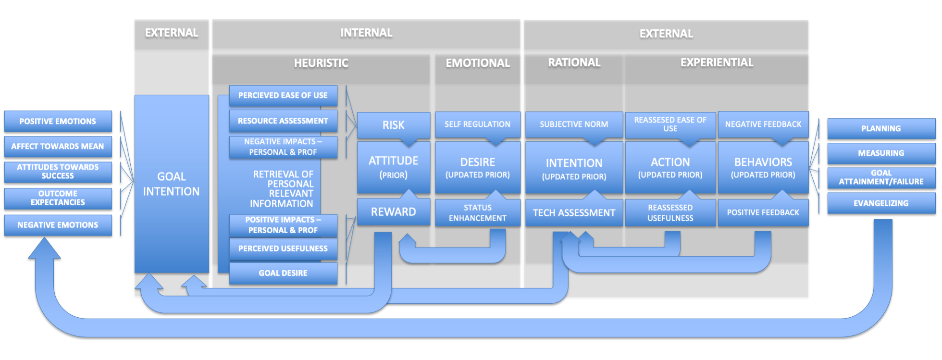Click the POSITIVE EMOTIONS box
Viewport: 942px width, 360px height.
click(58, 121)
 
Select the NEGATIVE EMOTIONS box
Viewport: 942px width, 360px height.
click(58, 225)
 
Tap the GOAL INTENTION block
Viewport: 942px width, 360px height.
click(172, 184)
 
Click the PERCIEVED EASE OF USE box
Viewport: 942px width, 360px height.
click(283, 96)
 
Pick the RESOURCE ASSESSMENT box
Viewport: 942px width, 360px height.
click(283, 121)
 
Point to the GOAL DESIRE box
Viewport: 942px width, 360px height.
click(283, 273)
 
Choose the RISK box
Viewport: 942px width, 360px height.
click(393, 125)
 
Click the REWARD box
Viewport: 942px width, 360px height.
click(393, 212)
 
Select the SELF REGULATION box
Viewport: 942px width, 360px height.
click(477, 124)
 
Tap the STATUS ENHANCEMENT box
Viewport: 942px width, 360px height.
click(477, 213)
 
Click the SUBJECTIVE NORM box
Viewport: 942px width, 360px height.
click(574, 124)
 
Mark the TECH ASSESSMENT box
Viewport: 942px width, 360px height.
click(574, 213)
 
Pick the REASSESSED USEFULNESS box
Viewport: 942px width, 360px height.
click(670, 213)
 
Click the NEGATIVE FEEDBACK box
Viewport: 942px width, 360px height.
click(763, 124)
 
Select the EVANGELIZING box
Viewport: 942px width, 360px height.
click(881, 203)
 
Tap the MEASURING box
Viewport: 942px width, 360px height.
click(881, 153)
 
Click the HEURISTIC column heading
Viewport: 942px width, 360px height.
click(321, 63)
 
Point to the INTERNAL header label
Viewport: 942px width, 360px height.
click(366, 33)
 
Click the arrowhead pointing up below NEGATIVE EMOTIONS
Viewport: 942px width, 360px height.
click(44, 249)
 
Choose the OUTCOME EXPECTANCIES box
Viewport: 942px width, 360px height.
click(58, 198)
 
